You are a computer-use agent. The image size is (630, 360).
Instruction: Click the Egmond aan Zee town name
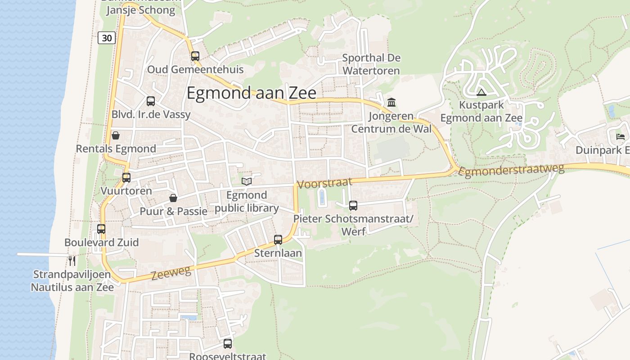[x=251, y=93]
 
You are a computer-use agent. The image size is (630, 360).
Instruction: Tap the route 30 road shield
[x=107, y=38]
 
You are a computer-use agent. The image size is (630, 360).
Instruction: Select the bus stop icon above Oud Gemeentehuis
[x=195, y=56]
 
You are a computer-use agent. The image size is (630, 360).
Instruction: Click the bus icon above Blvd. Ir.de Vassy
[x=151, y=101]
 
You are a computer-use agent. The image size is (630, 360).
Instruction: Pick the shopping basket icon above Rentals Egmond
[x=116, y=135]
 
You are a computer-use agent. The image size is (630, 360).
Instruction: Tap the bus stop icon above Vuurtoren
[x=126, y=178]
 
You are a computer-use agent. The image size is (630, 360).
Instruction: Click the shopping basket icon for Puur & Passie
[x=173, y=198]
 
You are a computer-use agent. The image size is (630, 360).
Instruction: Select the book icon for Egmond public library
[x=246, y=181]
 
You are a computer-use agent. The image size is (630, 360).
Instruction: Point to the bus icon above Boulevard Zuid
[x=101, y=229]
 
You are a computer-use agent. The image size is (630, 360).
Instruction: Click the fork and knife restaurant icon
[x=72, y=261]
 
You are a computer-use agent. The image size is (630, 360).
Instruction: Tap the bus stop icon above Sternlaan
[x=278, y=240]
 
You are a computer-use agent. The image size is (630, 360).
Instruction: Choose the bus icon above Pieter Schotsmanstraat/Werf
[x=353, y=206]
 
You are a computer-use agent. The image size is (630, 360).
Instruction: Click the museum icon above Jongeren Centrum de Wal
[x=391, y=103]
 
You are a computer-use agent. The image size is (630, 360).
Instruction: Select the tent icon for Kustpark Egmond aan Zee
[x=481, y=93]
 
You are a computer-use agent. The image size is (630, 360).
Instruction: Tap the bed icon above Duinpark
[x=621, y=137]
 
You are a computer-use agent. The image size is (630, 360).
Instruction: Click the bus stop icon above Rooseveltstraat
[x=228, y=344]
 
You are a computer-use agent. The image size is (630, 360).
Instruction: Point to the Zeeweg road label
[x=171, y=272]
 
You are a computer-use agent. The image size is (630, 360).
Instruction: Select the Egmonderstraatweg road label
[x=512, y=171]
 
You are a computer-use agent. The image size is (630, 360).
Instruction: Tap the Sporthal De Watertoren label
[x=371, y=64]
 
